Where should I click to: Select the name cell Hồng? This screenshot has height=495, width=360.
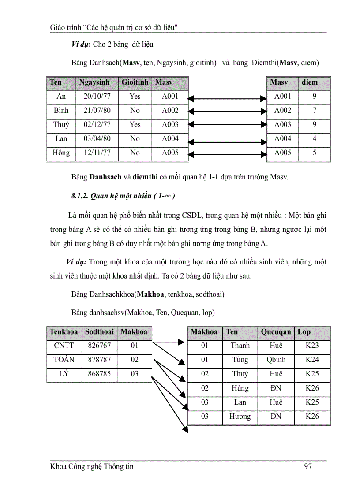pos(61,153)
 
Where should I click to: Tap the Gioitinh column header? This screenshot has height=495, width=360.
pos(135,82)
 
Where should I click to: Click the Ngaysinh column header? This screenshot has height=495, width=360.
pos(94,82)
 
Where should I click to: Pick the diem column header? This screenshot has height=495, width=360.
pos(309,82)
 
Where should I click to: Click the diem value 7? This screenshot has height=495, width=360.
pos(314,111)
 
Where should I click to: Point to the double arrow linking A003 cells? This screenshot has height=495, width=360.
pos(228,125)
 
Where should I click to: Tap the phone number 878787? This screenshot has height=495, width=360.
pos(99,360)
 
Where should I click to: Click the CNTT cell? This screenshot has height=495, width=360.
pos(64,346)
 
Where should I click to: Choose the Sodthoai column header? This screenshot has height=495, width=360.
pos(99,332)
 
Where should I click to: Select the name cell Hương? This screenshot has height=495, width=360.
pos(240,417)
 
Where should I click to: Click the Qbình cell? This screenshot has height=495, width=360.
pos(276,360)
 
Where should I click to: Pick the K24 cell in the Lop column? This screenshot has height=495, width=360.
pos(312,360)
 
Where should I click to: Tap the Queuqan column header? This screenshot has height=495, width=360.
pos(276,332)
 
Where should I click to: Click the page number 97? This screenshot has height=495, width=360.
pos(308,466)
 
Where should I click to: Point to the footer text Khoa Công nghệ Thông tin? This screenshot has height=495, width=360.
pos(92,466)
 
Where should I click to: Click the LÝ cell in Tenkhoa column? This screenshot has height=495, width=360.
pos(64,374)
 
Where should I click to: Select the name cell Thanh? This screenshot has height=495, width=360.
pos(240,346)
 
